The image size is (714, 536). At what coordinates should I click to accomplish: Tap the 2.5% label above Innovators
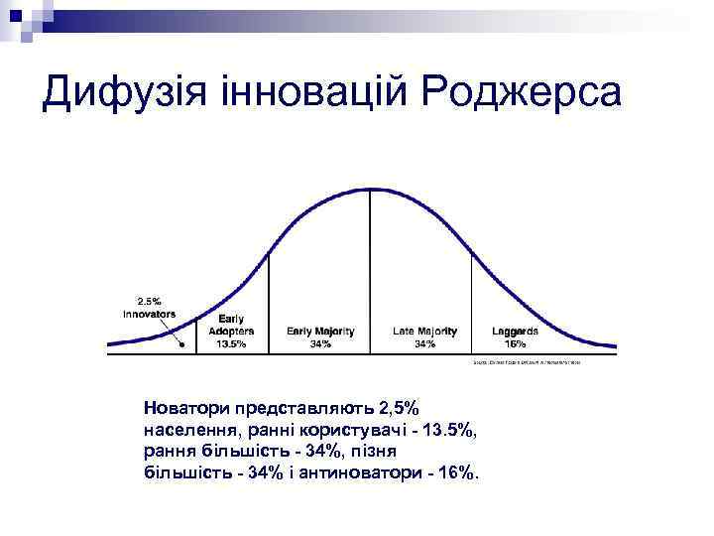(149, 301)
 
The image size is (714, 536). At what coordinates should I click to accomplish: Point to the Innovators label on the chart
(149, 314)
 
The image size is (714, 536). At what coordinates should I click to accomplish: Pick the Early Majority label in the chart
(320, 331)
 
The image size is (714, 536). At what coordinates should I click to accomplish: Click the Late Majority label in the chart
(424, 331)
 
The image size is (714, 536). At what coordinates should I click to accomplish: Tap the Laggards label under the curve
(516, 331)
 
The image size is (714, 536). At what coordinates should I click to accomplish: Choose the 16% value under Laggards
(516, 343)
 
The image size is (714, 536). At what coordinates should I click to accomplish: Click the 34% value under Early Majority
(320, 343)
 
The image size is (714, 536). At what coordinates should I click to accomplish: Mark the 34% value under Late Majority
(424, 343)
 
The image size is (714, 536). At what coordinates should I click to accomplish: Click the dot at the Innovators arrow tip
(181, 345)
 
